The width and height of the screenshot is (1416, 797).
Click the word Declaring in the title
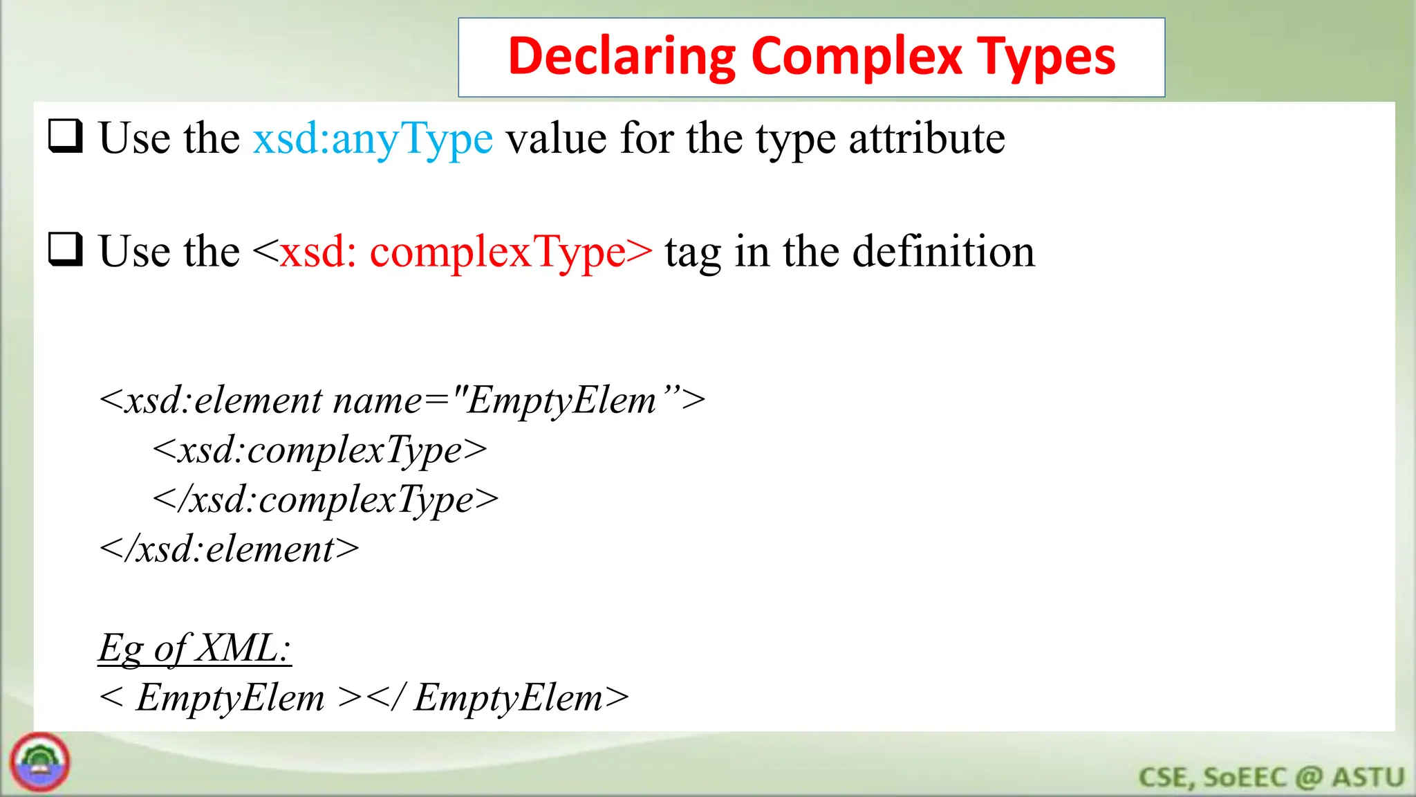[622, 57]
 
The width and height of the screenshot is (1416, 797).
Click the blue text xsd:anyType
[373, 138]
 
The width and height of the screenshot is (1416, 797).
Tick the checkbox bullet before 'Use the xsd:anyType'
[66, 136]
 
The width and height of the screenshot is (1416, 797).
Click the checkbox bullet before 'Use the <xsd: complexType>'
[66, 249]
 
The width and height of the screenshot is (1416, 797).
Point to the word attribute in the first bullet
[926, 138]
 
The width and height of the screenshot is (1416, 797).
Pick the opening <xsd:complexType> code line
[319, 450]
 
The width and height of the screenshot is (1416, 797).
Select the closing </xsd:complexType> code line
[325, 500]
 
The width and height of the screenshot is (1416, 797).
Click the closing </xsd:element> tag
[229, 549]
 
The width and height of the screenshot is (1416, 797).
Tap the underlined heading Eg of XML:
[194, 648]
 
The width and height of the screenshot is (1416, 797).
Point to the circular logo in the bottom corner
[40, 762]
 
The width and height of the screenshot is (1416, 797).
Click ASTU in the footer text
[1368, 777]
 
